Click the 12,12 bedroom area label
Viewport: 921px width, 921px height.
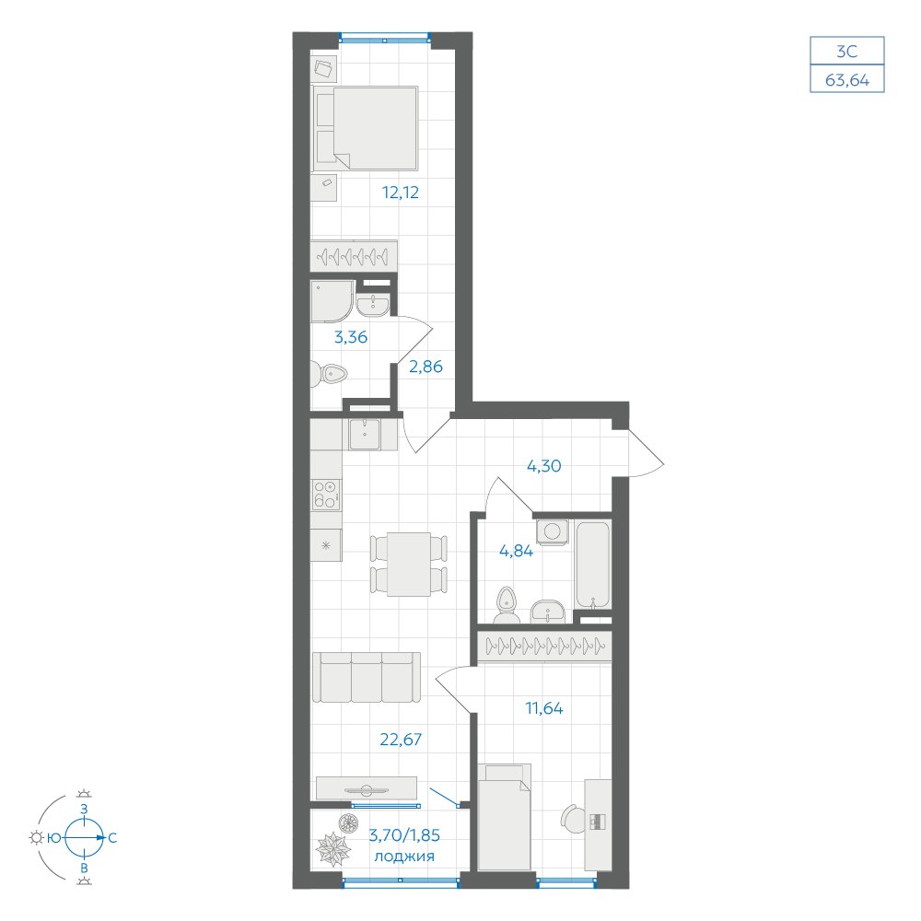[x=401, y=192]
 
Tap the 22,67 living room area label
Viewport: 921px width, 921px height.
[x=401, y=739]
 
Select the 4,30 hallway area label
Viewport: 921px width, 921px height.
[x=544, y=466]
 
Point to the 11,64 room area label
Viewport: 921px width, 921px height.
[x=544, y=708]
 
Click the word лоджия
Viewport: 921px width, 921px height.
[x=404, y=856]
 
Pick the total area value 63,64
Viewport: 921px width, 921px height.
[x=847, y=80]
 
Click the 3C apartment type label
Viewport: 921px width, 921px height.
[x=847, y=52]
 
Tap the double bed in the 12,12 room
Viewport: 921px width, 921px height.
[x=366, y=129]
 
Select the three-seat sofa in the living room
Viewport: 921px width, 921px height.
[x=367, y=677]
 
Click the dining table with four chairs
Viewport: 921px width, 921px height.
[x=409, y=564]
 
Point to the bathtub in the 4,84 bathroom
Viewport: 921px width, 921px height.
[x=593, y=565]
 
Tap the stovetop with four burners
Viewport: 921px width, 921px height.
[x=326, y=494]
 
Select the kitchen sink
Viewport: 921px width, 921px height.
[x=366, y=435]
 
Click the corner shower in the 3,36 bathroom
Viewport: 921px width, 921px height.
[x=332, y=301]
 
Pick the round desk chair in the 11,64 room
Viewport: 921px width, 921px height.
[x=573, y=818]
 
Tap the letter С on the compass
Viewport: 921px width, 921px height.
[x=112, y=838]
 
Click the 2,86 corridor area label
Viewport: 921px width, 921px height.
[x=426, y=367]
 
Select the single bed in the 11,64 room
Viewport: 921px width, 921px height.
[x=505, y=816]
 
